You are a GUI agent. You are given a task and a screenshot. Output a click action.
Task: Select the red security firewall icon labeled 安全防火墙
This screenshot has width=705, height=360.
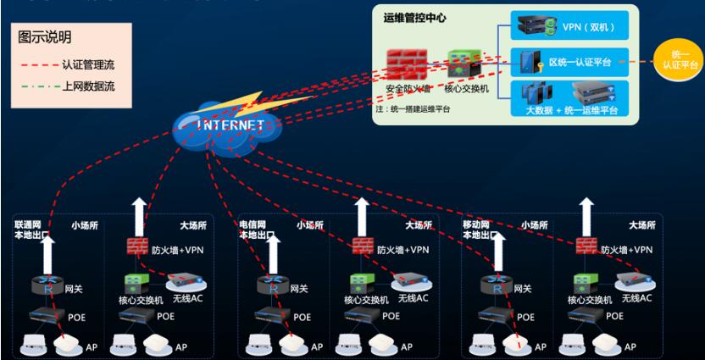[406, 64]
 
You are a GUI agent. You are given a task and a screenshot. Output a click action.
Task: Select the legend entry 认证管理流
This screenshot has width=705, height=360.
[81, 64]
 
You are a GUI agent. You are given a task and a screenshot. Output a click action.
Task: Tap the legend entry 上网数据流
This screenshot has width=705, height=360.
[81, 86]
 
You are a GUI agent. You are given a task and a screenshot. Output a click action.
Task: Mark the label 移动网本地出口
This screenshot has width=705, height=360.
[480, 230]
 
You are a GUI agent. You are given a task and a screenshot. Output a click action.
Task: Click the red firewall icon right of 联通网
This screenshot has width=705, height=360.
[137, 247]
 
